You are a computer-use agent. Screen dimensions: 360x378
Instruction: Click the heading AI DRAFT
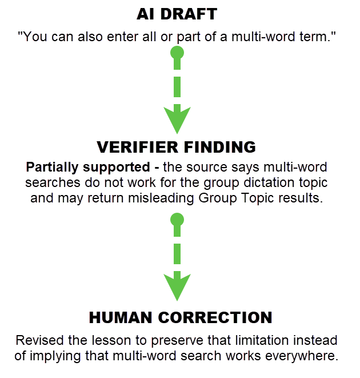(177, 14)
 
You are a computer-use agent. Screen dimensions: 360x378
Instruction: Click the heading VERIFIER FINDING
(176, 147)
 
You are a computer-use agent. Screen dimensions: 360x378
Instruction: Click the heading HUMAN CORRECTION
(181, 317)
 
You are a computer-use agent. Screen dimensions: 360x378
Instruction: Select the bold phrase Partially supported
(88, 168)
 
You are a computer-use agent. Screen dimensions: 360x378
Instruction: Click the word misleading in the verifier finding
(161, 198)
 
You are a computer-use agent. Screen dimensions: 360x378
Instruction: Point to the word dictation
(269, 182)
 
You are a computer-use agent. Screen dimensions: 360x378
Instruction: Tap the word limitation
(262, 341)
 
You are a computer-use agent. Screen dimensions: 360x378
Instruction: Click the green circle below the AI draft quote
(177, 53)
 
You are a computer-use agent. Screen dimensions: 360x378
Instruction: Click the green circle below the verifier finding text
(177, 220)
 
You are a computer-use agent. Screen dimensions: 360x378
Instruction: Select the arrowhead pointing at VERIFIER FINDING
(177, 120)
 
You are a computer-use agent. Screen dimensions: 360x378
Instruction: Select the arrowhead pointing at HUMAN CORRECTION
(177, 286)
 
